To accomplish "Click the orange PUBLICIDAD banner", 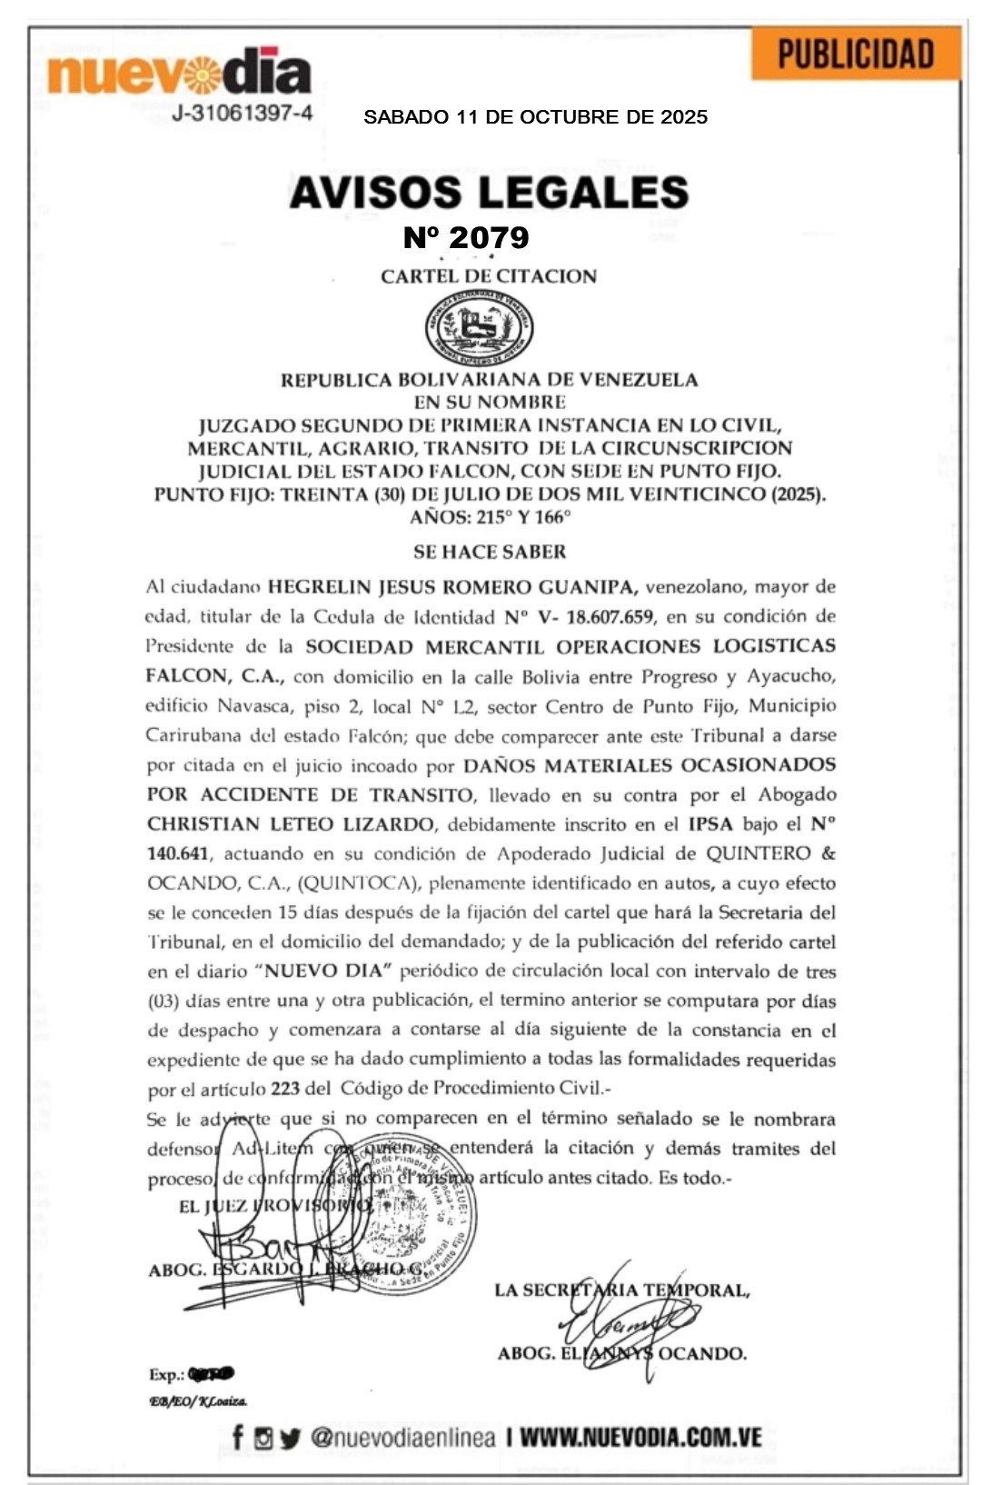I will [x=856, y=54].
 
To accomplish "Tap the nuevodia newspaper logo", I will [x=179, y=74].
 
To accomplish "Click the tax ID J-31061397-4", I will [x=243, y=114].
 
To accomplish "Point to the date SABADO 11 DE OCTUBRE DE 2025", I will [x=535, y=117].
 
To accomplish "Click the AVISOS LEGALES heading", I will [x=489, y=192].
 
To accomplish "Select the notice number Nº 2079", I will [x=466, y=237].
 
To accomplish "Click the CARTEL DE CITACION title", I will [x=489, y=276].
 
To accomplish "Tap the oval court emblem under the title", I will [x=480, y=328].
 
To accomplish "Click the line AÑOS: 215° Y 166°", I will [x=490, y=517].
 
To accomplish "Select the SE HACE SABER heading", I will [x=490, y=552].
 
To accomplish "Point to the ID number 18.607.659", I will [x=609, y=617].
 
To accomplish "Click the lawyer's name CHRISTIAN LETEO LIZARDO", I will [x=291, y=824].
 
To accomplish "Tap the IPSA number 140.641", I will [x=178, y=853].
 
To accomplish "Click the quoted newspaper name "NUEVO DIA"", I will [x=327, y=971].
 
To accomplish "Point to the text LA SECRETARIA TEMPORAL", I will [x=622, y=1290].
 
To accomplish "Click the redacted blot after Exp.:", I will [x=211, y=1374].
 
